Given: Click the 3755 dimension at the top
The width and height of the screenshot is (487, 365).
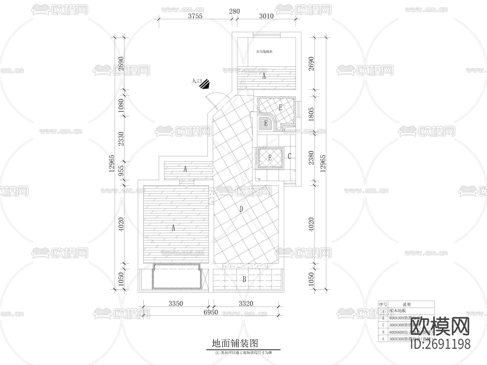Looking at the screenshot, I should pyautogui.click(x=195, y=16).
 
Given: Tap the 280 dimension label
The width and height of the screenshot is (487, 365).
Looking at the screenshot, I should pyautogui.click(x=234, y=11).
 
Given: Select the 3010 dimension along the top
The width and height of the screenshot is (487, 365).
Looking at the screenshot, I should pyautogui.click(x=266, y=16).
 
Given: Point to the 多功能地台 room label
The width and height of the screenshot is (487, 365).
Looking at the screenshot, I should pyautogui.click(x=264, y=51).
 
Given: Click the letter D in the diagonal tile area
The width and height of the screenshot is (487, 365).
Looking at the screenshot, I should pyautogui.click(x=241, y=209).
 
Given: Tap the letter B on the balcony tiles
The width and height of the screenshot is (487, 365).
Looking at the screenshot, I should pyautogui.click(x=244, y=280).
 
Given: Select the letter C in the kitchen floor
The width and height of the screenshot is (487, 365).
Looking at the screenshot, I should pyautogui.click(x=289, y=156).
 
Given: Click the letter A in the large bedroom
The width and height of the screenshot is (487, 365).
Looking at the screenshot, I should pyautogui.click(x=173, y=228).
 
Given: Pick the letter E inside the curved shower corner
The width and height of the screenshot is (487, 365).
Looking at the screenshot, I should pyautogui.click(x=266, y=124).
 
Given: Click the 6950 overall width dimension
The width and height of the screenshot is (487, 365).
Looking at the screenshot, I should pyautogui.click(x=210, y=312).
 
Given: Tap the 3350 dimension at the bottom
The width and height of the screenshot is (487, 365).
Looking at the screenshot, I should pyautogui.click(x=176, y=304).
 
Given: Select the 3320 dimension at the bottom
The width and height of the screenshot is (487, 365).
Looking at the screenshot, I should pyautogui.click(x=246, y=304).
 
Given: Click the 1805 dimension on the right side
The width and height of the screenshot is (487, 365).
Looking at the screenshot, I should pyautogui.click(x=311, y=114).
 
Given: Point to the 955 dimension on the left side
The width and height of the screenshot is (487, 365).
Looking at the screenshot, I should pyautogui.click(x=121, y=171).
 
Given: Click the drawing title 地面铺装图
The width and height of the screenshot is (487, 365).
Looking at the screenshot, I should pyautogui.click(x=235, y=343).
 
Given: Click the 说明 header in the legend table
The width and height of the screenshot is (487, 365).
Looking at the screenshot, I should pyautogui.click(x=406, y=304).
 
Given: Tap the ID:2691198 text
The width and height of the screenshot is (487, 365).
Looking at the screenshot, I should pyautogui.click(x=440, y=344).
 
